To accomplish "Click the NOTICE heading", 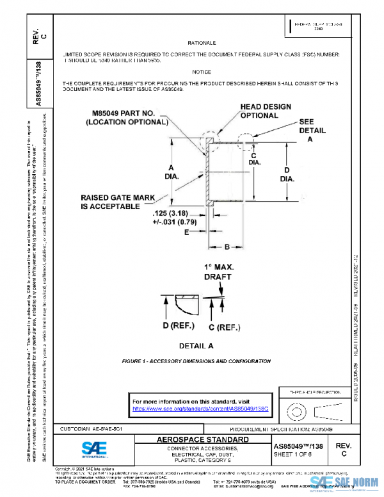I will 202,72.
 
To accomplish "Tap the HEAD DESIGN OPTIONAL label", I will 266,111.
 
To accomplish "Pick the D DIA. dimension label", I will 287,174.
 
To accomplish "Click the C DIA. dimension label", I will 254,159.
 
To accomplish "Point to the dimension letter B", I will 227,246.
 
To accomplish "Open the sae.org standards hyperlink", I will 199,407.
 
